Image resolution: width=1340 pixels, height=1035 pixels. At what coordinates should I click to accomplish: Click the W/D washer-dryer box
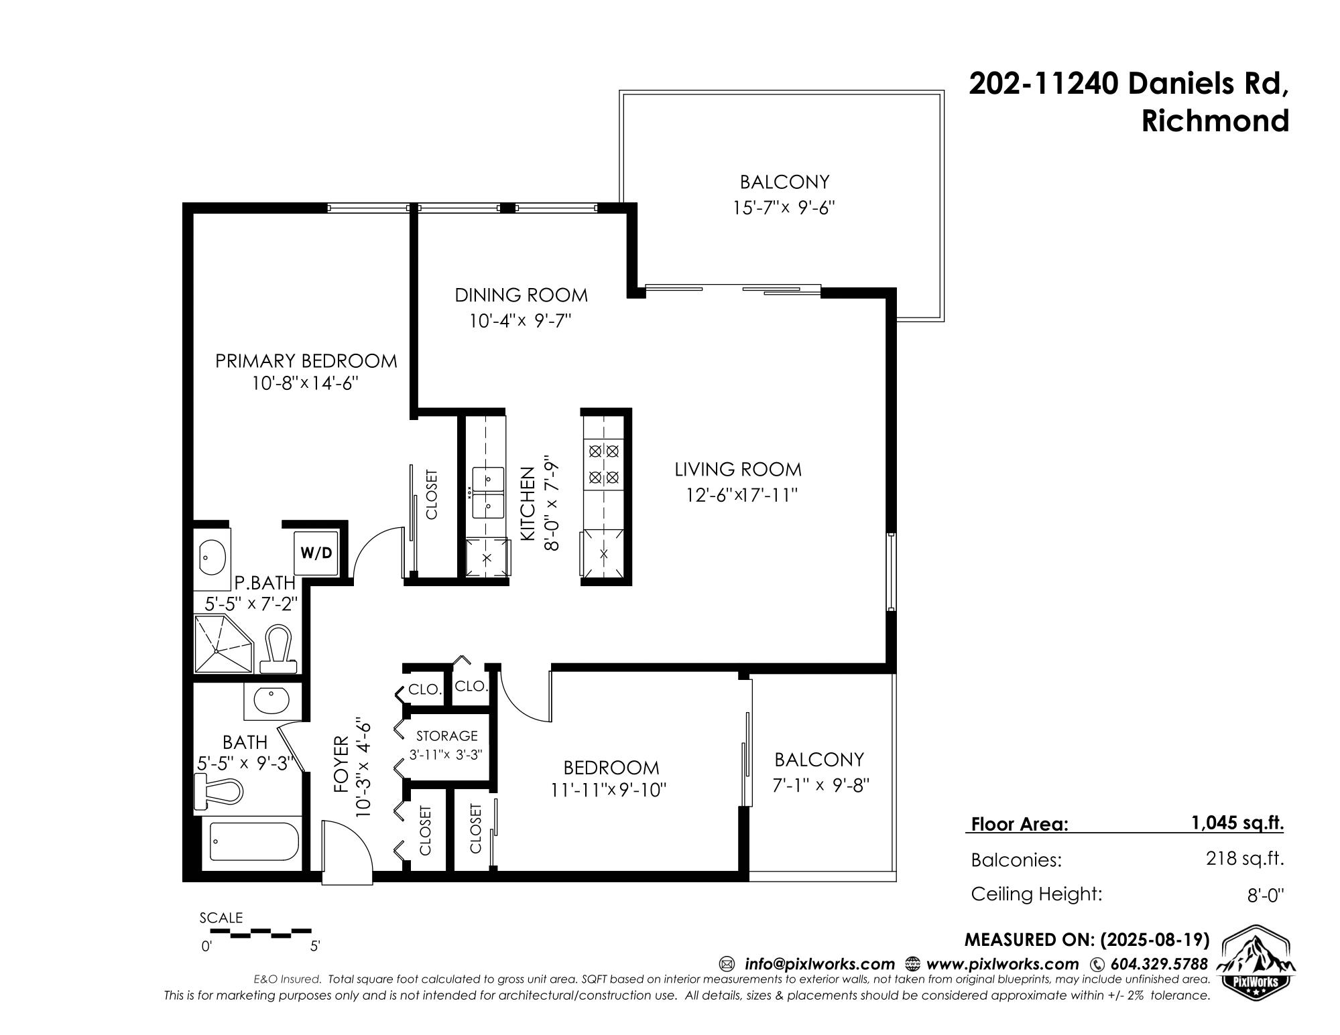coord(316,553)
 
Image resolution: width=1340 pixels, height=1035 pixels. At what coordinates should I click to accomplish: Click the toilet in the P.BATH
coord(278,649)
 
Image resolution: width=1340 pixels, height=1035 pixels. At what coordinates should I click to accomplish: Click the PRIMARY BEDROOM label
coord(306,361)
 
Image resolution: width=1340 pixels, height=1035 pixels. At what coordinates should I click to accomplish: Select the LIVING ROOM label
coord(738,470)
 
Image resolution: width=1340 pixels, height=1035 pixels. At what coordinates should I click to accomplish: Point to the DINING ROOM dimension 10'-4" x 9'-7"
coord(520,322)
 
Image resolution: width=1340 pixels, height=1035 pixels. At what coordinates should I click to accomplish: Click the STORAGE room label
coord(446,736)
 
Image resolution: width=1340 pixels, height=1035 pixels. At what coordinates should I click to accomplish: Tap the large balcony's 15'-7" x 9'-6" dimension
coord(784,208)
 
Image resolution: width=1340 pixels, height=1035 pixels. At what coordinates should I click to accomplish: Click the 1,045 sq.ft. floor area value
coord(1237,823)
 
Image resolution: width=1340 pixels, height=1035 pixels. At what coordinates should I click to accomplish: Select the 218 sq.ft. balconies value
coord(1245,858)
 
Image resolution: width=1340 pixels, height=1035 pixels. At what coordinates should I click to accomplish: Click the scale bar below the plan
coord(261,932)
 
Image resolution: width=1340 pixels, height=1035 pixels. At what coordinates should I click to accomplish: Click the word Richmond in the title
coord(1215,121)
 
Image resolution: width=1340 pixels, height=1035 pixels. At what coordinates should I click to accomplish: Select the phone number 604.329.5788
coord(1159,964)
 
